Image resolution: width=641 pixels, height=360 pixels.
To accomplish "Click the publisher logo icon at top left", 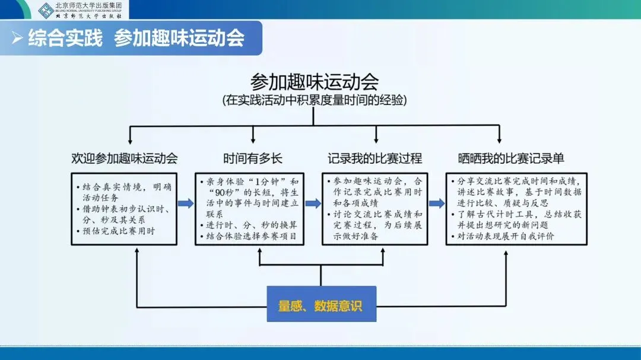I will point(46,9).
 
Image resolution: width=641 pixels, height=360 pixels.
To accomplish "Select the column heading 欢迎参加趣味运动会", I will point(124,158).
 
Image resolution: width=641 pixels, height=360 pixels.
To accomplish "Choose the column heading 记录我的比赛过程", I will point(375,158).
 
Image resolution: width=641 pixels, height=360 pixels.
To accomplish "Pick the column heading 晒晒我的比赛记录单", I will point(511,158).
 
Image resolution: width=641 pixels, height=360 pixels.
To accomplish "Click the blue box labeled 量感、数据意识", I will point(320,306).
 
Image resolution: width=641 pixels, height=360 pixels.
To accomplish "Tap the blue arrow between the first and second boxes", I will point(185,203).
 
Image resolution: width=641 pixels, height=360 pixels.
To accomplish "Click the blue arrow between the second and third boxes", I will point(313,203).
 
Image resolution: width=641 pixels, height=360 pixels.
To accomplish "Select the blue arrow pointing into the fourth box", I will point(437,203).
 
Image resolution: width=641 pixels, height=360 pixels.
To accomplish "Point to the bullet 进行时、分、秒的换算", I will point(251,226).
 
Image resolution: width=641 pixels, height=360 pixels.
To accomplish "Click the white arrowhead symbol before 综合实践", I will point(18,39).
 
